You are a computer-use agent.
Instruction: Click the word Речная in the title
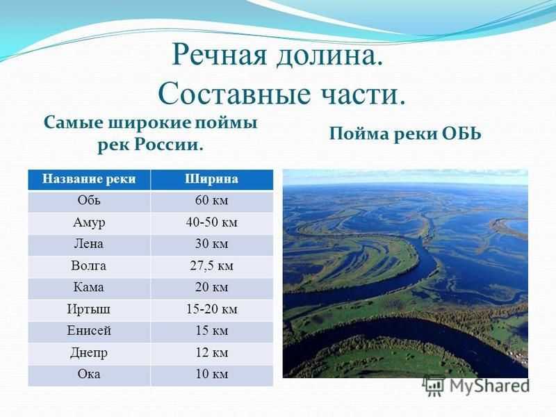click(219, 56)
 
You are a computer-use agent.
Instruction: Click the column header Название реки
click(89, 179)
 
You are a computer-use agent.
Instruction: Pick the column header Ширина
click(211, 179)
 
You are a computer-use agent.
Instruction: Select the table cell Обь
click(89, 200)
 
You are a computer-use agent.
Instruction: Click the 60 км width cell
click(211, 200)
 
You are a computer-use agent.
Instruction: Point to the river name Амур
click(89, 222)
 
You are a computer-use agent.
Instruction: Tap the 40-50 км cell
click(211, 222)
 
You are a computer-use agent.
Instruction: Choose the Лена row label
click(89, 244)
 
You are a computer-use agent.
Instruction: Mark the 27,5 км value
click(211, 266)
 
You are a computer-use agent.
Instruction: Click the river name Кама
click(89, 287)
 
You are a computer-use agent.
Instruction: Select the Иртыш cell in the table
click(89, 309)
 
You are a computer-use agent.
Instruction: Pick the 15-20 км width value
click(211, 309)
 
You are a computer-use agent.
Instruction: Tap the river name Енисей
click(89, 331)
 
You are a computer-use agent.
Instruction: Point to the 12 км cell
click(211, 352)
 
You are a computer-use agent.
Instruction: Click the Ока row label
click(89, 374)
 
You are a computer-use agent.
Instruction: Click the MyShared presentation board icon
click(434, 386)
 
